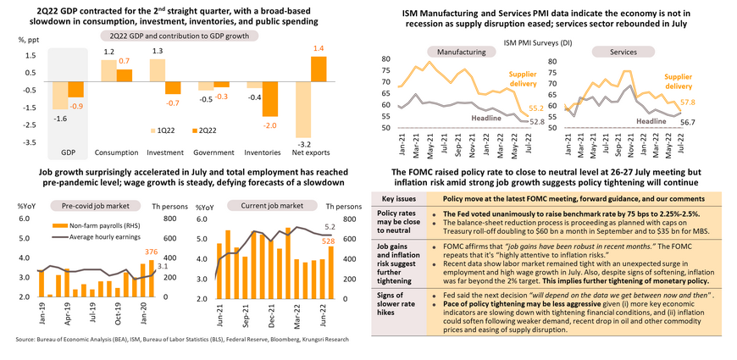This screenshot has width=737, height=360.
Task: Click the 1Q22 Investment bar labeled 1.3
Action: [156, 72]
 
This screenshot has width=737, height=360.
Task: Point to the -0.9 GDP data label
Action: [75, 104]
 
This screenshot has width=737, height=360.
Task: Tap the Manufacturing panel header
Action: [431, 52]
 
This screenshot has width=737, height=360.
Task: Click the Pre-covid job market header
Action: [86, 205]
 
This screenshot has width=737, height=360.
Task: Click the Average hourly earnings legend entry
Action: [98, 235]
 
